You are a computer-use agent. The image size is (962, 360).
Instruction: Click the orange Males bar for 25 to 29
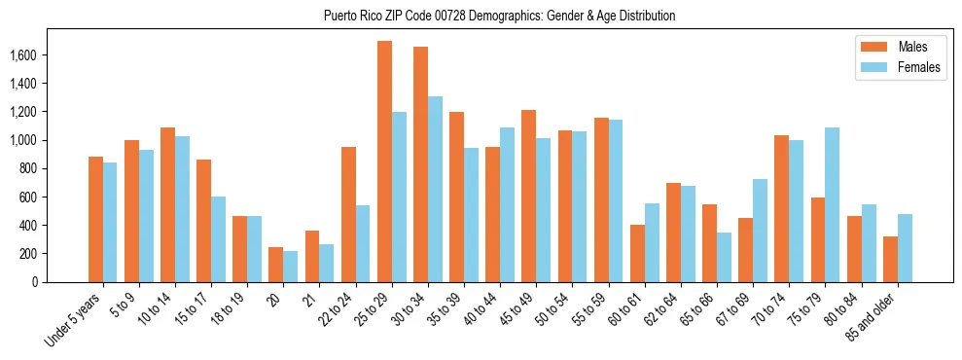tap(384, 162)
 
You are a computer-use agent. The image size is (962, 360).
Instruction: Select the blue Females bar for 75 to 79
tap(832, 204)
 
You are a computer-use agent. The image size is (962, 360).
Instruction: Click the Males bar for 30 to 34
tap(420, 164)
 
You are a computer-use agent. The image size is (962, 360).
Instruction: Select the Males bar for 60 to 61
tap(637, 253)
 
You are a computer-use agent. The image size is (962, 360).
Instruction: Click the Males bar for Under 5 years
tap(95, 219)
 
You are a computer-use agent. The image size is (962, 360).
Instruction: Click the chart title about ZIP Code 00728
tap(500, 17)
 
